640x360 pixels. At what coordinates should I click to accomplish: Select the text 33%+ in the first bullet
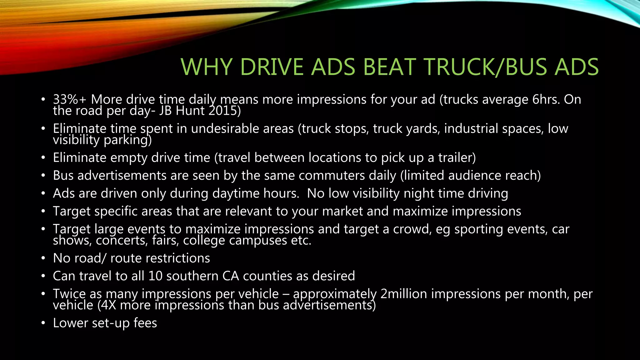69,100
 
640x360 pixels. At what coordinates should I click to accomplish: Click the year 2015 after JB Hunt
222,111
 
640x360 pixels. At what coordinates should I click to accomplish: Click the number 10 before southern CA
155,276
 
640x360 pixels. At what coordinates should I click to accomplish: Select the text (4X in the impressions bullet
107,305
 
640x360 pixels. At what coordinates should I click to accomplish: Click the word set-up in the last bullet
111,323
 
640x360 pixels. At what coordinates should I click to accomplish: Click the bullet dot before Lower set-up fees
43,323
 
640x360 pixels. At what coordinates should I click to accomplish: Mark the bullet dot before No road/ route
43,258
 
